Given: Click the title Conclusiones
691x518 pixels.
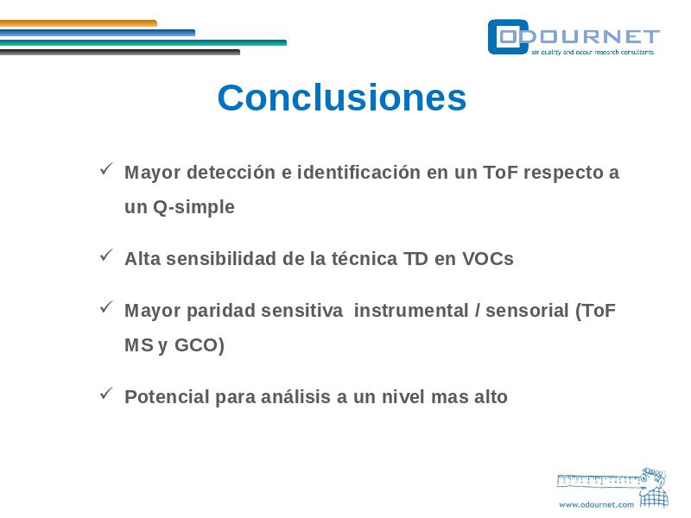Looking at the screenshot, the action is click(341, 98).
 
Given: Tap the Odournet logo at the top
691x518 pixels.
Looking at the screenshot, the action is click(574, 37).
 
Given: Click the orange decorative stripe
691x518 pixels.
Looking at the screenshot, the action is click(79, 23).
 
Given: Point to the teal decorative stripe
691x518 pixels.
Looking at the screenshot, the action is click(143, 42).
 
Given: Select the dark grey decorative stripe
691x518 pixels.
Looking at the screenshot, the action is click(120, 52).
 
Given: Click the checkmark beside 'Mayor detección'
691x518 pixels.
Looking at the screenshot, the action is click(106, 168).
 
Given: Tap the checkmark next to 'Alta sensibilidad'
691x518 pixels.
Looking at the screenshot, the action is click(106, 255).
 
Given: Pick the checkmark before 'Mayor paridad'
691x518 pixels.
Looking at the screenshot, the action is click(106, 306).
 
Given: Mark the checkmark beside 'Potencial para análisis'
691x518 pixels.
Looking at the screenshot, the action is click(106, 393).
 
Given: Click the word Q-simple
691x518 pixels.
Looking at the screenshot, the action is click(193, 207).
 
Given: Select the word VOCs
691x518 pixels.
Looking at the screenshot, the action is click(488, 258).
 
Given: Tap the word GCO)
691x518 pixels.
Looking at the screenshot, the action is click(200, 344).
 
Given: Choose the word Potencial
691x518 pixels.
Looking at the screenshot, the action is click(167, 397).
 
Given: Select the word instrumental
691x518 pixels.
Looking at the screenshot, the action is click(411, 311).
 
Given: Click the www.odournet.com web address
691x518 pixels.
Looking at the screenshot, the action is click(596, 505).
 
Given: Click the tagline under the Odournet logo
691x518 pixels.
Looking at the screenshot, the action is click(593, 52).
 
